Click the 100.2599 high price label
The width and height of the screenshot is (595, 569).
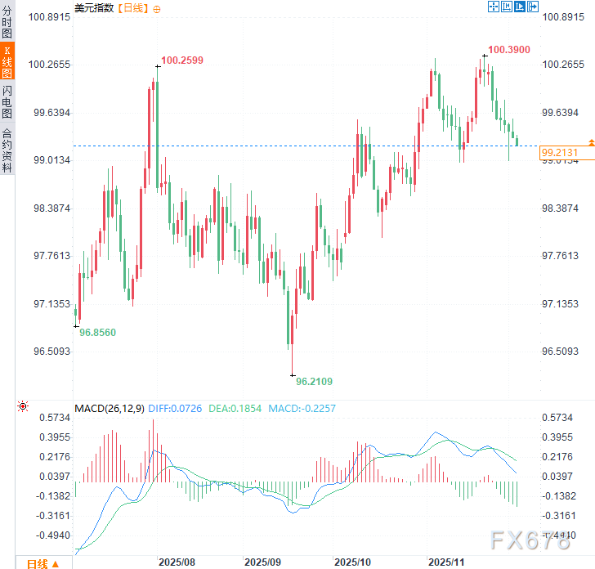(x=182, y=60)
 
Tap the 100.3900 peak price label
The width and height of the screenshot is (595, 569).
(x=509, y=50)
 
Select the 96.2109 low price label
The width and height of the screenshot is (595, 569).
(x=314, y=381)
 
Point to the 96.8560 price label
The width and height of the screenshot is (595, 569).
(x=97, y=333)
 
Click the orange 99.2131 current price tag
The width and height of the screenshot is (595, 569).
(x=559, y=153)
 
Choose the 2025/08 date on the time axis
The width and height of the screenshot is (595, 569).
(x=176, y=562)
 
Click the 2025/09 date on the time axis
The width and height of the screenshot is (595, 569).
(x=262, y=562)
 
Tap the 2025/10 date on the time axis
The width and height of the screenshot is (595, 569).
(x=351, y=562)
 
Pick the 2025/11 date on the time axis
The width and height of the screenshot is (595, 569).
(x=447, y=562)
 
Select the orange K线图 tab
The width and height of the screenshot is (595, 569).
(x=7, y=63)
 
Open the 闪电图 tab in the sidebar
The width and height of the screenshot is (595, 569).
(x=7, y=103)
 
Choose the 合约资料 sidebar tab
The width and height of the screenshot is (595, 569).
(x=7, y=150)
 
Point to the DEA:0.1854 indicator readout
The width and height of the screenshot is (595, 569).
(x=234, y=408)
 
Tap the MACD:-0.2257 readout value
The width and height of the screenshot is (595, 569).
(x=302, y=408)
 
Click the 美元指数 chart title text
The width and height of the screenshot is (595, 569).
(x=94, y=8)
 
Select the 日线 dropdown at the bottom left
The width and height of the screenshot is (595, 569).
(x=42, y=562)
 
